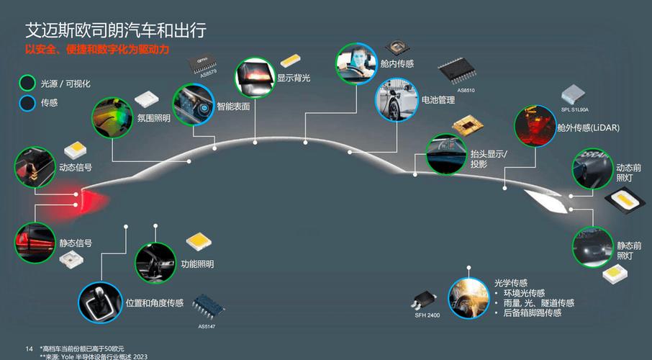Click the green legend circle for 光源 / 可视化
pos(28,83)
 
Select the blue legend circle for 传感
pos(28,103)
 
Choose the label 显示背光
pos(294,78)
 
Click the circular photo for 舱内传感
pos(356,64)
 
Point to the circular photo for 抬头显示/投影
pos(446,154)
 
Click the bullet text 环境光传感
pos(526,293)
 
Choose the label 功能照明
pos(197,264)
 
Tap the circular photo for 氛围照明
pos(113,118)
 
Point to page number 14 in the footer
pos(29,349)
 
